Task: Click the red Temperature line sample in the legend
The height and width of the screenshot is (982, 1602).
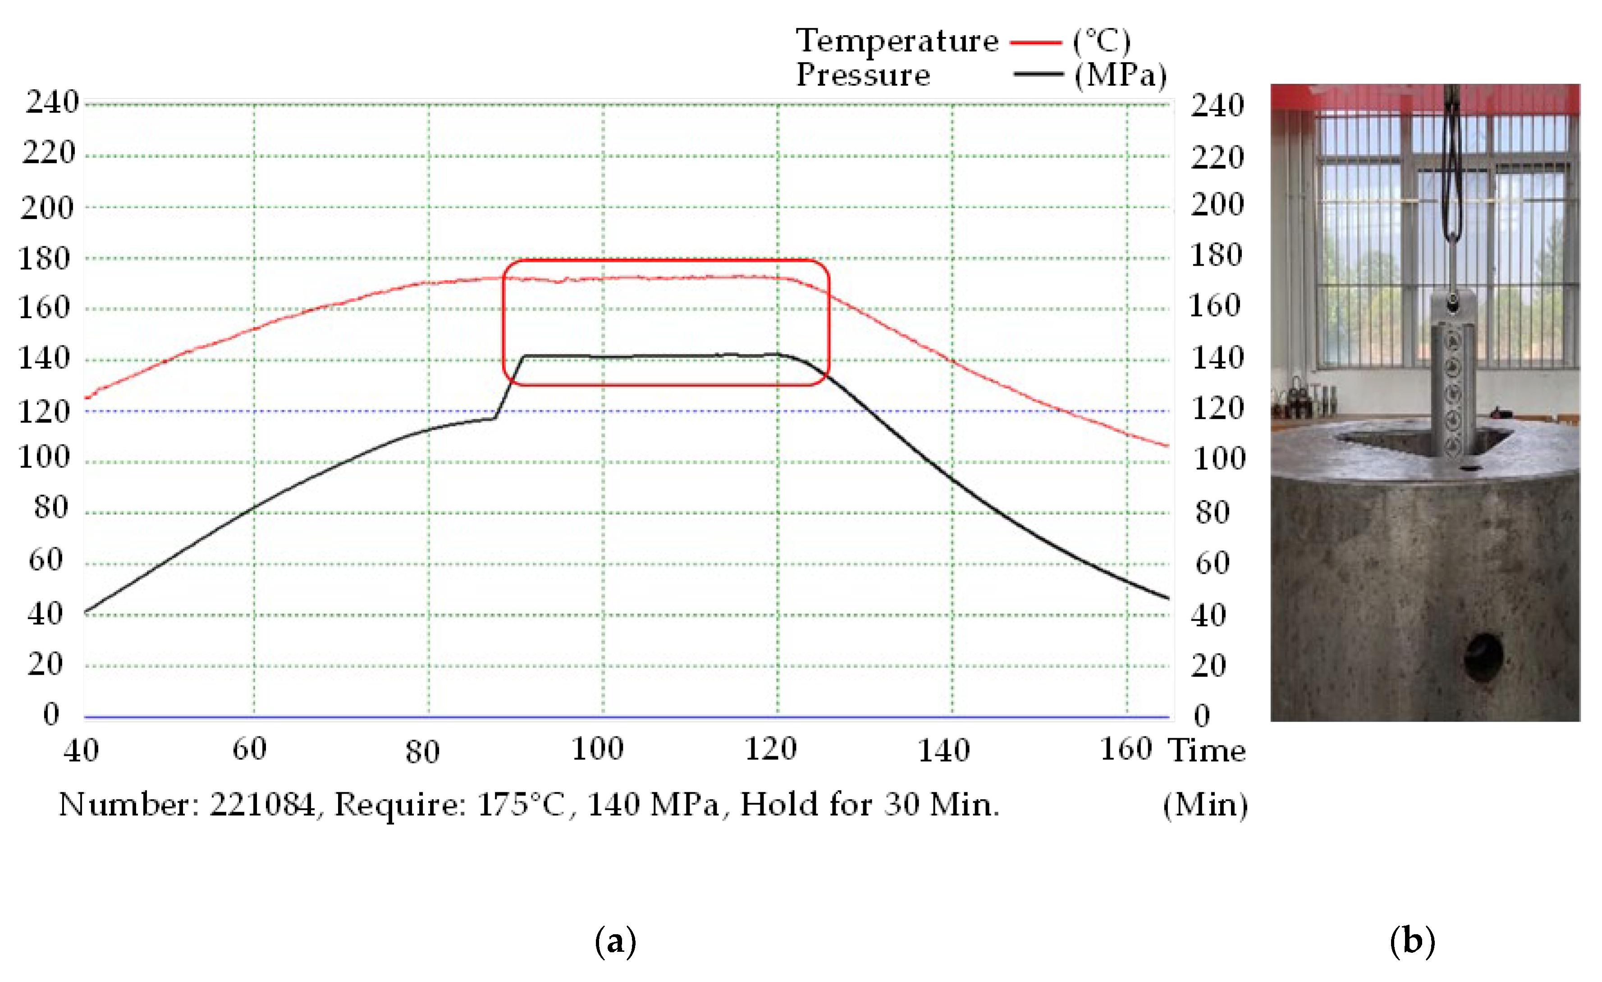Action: tap(1035, 42)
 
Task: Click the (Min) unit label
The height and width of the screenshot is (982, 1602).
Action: tap(1205, 805)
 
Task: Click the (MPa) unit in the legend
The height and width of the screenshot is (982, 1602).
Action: tap(1120, 75)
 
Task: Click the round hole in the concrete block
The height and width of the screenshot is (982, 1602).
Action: tap(1483, 657)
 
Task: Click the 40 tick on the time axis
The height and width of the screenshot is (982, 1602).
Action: tap(81, 750)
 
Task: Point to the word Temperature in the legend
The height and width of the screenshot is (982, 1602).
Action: tap(897, 41)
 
